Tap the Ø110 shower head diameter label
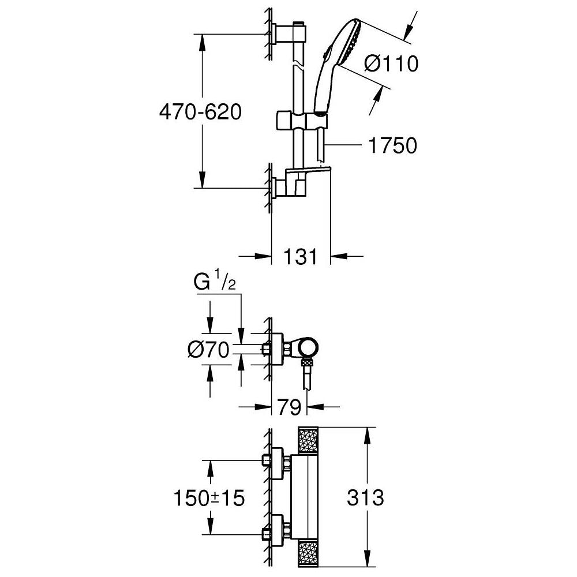pos(391,63)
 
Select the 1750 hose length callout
pos(392,145)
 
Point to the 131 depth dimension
pos(300,256)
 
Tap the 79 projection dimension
pos(289,407)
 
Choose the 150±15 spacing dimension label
pos(209,499)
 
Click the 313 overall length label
pos(365,497)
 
